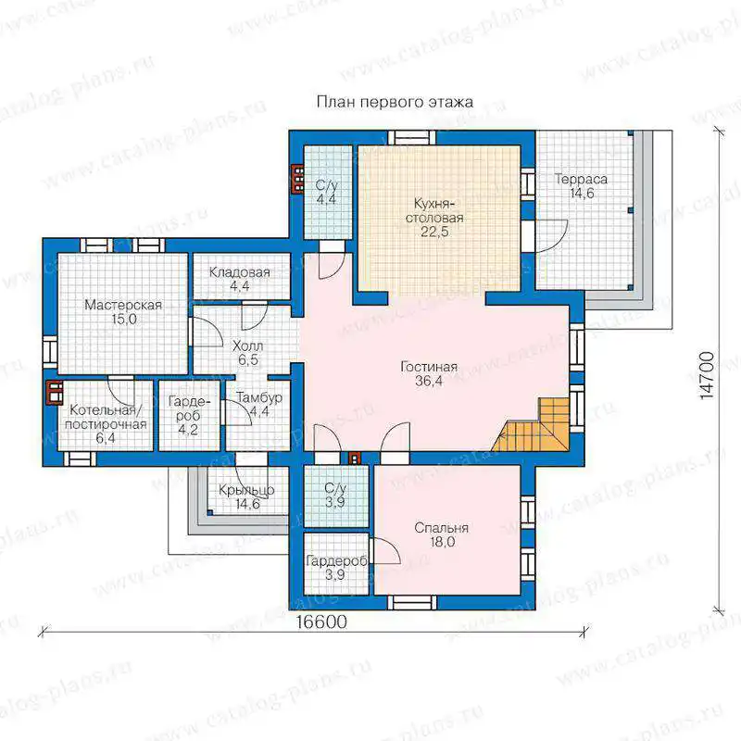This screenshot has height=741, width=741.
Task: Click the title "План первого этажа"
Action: [395, 102]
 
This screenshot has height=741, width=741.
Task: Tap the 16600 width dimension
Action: [321, 622]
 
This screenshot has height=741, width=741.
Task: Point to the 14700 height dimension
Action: [707, 375]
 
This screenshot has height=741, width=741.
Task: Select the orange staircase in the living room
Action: [532, 425]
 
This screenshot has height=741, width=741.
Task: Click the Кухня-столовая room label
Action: [434, 218]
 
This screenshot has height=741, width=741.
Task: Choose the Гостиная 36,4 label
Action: [429, 373]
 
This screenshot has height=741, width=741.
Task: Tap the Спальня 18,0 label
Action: [442, 534]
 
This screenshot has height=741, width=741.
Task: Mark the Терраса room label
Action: [581, 186]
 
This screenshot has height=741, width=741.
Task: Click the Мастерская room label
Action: [123, 311]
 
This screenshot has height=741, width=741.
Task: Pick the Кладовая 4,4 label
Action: [240, 279]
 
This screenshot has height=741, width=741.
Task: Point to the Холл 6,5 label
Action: [247, 353]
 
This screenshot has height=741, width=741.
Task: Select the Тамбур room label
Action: [259, 404]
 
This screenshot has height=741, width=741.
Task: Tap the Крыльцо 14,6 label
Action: [246, 496]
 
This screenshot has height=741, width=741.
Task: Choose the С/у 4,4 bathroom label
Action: [326, 192]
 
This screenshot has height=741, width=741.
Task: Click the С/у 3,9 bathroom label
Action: [335, 495]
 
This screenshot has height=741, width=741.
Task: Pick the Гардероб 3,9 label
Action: [336, 568]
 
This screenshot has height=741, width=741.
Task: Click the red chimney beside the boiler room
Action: [55, 393]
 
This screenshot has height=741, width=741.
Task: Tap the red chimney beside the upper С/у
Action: [297, 179]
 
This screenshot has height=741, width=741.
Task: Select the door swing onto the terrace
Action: [552, 236]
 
